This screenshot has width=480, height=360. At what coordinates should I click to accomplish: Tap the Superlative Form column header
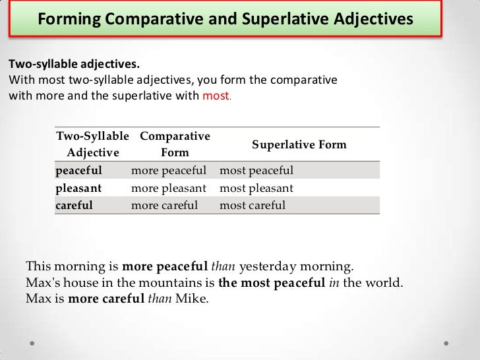tap(299, 144)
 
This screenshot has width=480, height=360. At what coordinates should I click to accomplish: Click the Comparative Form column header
tap(175, 144)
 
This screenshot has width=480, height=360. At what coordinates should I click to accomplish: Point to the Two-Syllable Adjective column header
tap(93, 144)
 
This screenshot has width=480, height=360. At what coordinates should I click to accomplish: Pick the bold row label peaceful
tap(79, 171)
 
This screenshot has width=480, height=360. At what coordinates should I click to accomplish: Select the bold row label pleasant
tap(79, 188)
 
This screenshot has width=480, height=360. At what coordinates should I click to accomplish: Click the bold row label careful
tap(75, 205)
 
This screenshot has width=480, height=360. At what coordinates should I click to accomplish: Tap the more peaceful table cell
tap(169, 171)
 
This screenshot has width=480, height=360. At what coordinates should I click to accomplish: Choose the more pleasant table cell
tap(169, 188)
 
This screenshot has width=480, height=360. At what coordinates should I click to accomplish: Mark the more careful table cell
tap(164, 205)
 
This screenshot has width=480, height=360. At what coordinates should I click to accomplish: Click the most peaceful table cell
tap(256, 171)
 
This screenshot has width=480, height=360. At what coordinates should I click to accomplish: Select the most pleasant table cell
tap(256, 188)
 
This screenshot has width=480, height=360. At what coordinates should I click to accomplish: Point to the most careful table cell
tap(253, 205)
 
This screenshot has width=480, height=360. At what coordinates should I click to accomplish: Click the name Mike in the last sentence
tap(193, 299)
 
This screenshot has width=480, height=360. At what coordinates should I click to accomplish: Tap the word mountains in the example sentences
tap(172, 283)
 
